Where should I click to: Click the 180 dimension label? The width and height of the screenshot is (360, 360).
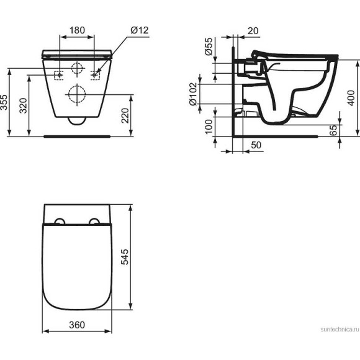(x=78, y=30)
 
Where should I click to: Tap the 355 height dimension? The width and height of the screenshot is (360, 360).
(x=6, y=102)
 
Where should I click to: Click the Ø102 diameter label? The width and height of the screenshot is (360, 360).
(x=194, y=94)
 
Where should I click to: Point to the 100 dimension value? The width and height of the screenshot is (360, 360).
(x=209, y=125)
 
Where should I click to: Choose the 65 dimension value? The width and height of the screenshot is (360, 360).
(x=333, y=130)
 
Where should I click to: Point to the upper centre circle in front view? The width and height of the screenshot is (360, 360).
(x=78, y=69)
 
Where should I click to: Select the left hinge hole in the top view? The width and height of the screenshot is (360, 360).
(x=60, y=220)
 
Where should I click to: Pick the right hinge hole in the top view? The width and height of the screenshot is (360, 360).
(x=95, y=220)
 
